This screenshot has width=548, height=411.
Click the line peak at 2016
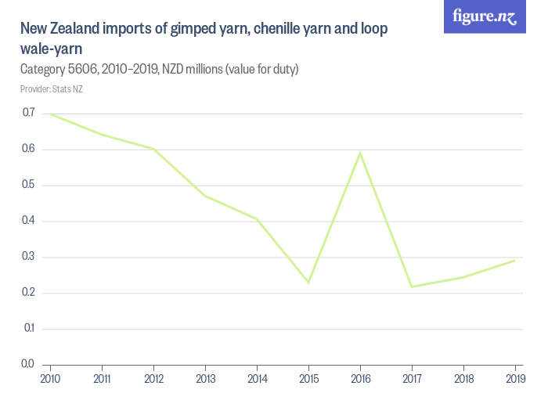(x=360, y=153)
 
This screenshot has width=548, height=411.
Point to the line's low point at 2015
(x=308, y=282)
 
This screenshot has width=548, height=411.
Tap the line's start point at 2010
(x=51, y=114)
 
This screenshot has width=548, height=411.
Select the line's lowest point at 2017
(x=412, y=287)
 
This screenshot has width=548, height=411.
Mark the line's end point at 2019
(x=514, y=260)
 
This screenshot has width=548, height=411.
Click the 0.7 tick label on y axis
(x=28, y=114)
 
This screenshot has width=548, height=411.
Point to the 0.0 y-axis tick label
(x=28, y=364)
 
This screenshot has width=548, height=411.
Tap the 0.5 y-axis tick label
(x=28, y=186)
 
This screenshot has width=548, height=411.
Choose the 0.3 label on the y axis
(x=28, y=257)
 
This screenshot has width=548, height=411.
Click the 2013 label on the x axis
(x=205, y=378)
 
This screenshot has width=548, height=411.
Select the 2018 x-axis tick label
(x=463, y=378)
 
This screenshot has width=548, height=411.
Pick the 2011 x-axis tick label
(x=102, y=378)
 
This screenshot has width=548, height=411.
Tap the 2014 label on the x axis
(x=257, y=378)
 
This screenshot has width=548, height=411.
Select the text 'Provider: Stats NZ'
(x=52, y=89)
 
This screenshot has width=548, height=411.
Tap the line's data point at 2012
(x=153, y=149)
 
